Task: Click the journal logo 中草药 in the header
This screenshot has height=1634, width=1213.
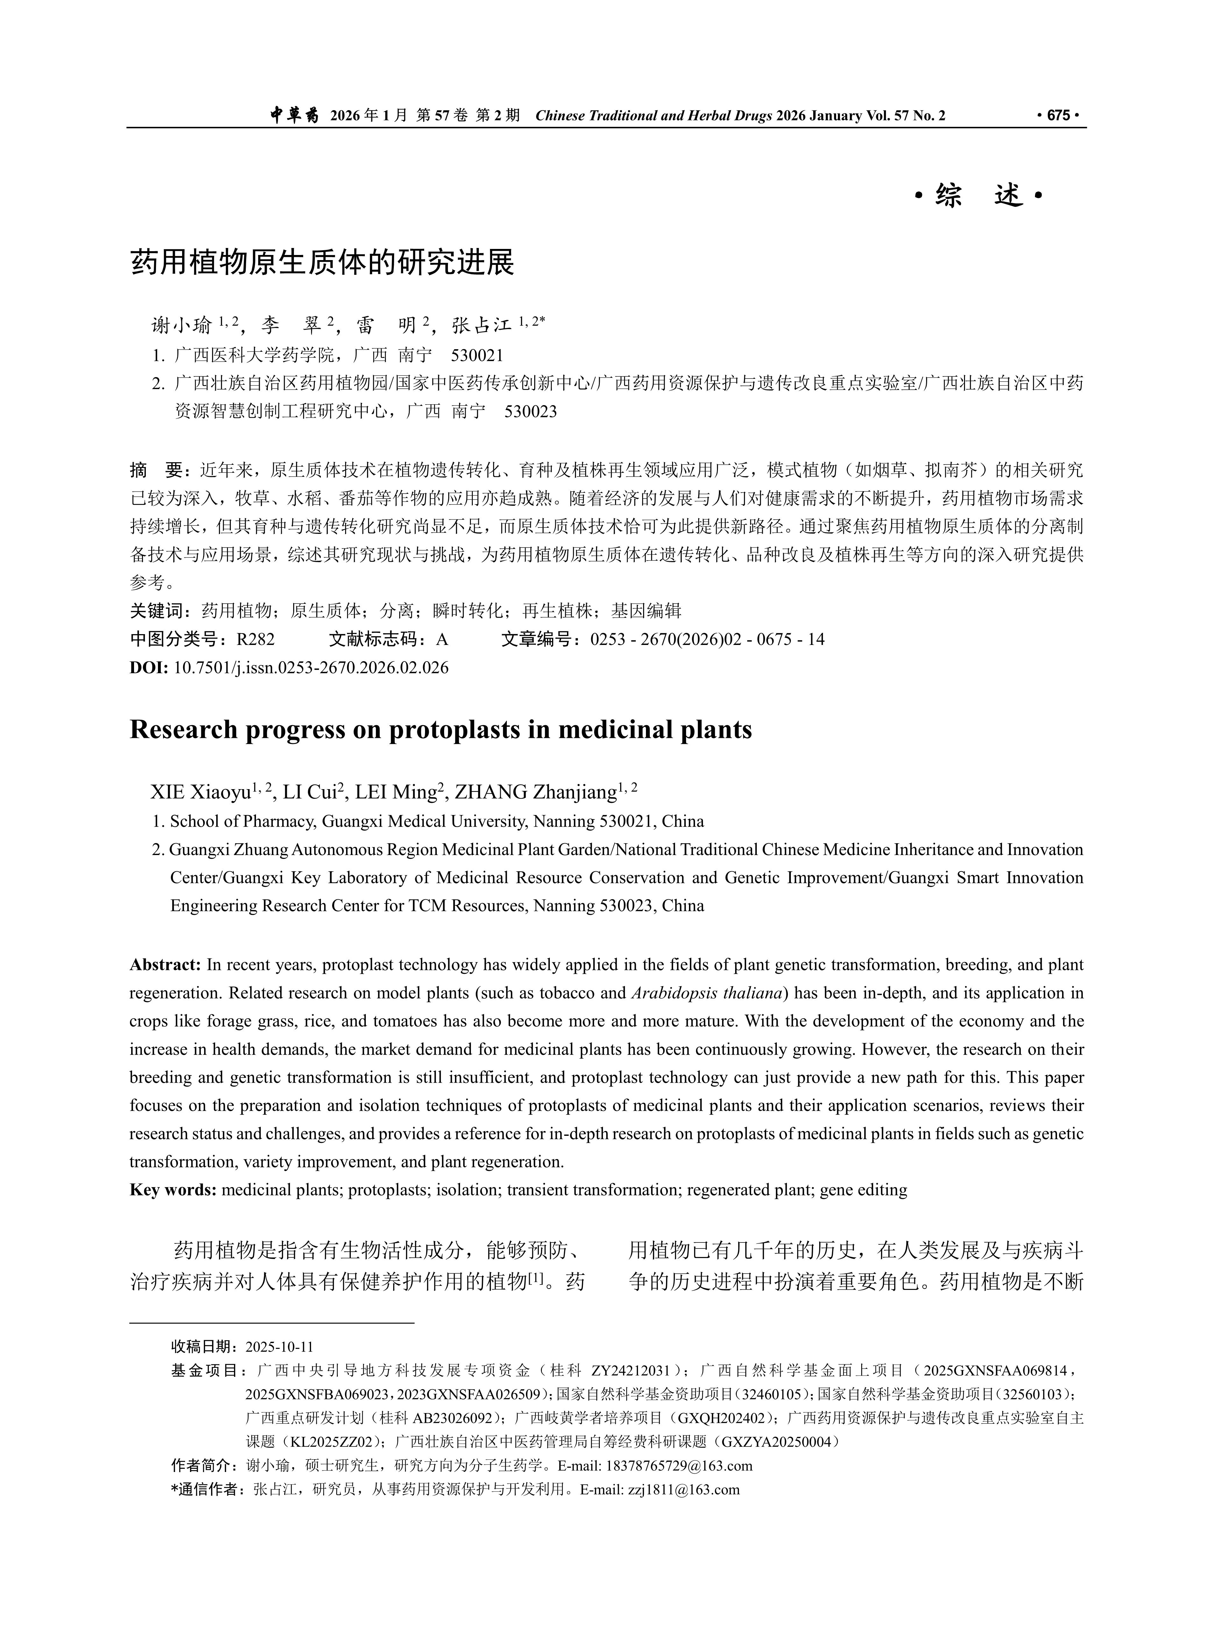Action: [x=294, y=115]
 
